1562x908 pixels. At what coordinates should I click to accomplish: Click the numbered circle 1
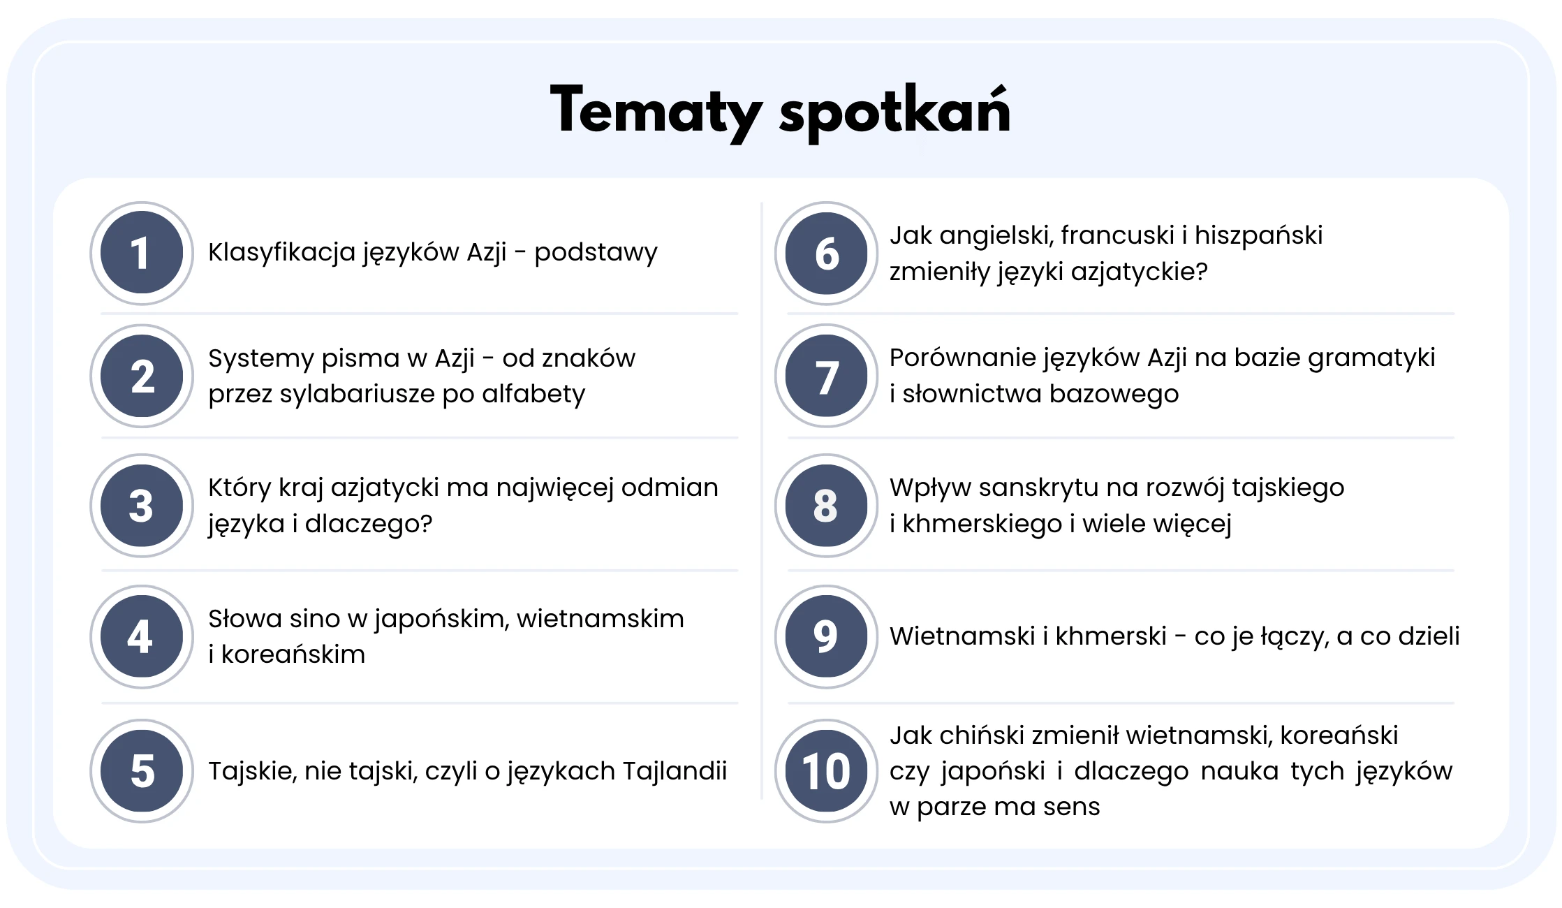(x=142, y=253)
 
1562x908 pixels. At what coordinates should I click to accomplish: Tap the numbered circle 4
(x=142, y=636)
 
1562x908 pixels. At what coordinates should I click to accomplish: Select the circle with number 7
(x=827, y=376)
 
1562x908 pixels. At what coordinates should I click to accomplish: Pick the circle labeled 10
(x=827, y=770)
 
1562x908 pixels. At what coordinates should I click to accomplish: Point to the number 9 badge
(x=827, y=636)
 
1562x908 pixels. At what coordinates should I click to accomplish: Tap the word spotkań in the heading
(x=894, y=113)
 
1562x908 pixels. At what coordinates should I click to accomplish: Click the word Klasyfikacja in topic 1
(x=282, y=253)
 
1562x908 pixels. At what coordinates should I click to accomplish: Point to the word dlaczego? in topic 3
(x=369, y=524)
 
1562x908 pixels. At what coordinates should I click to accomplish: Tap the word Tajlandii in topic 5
(x=675, y=771)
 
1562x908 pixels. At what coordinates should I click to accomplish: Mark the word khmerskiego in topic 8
(x=982, y=524)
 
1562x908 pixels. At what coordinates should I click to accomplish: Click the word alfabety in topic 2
(x=533, y=395)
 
